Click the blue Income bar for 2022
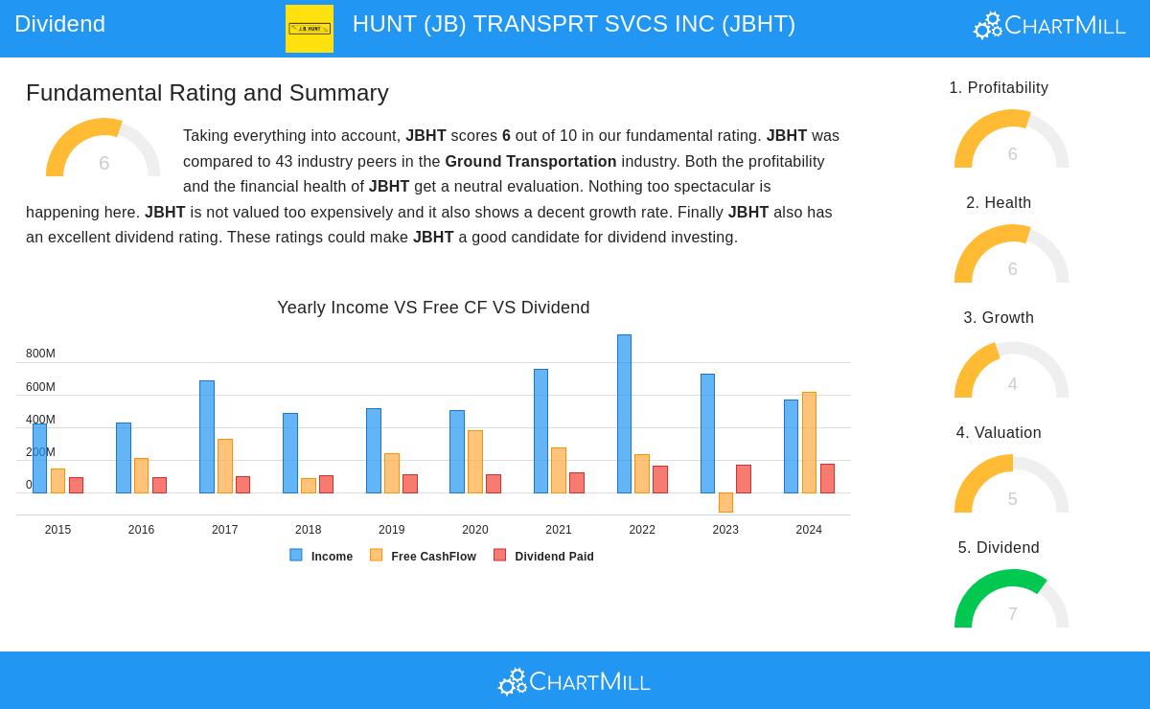624,414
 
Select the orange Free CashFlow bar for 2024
809,443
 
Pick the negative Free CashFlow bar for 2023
725,502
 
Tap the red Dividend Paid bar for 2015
76,485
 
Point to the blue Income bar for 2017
207,437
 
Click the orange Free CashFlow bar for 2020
475,462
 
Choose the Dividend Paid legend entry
544,556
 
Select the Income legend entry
322,556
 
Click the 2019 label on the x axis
391,530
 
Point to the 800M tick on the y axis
40,354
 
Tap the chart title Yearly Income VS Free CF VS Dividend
433,308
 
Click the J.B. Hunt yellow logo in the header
310,29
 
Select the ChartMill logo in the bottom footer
574,681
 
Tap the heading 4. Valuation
999,433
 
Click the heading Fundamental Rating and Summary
207,93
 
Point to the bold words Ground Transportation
530,161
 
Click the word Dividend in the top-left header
59,24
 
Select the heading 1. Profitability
999,88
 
